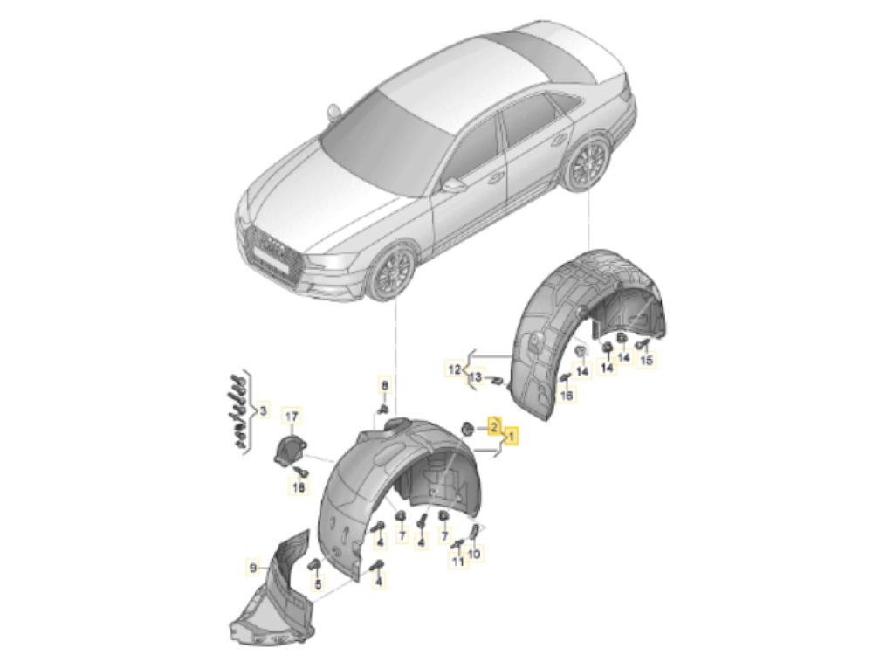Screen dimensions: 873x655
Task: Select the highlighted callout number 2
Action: (494, 427)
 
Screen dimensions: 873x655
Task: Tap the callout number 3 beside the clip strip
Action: (263, 412)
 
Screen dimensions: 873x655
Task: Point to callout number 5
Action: (318, 584)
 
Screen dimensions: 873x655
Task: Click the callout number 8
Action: (384, 385)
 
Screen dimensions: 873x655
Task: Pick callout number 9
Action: (253, 569)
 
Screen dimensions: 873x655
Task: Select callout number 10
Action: (474, 555)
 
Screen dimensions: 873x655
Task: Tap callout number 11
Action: (457, 562)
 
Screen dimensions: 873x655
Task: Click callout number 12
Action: (455, 369)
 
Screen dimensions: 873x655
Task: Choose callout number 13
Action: (476, 377)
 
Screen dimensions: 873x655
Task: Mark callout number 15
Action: (646, 361)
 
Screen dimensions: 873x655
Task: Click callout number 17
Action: (292, 416)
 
